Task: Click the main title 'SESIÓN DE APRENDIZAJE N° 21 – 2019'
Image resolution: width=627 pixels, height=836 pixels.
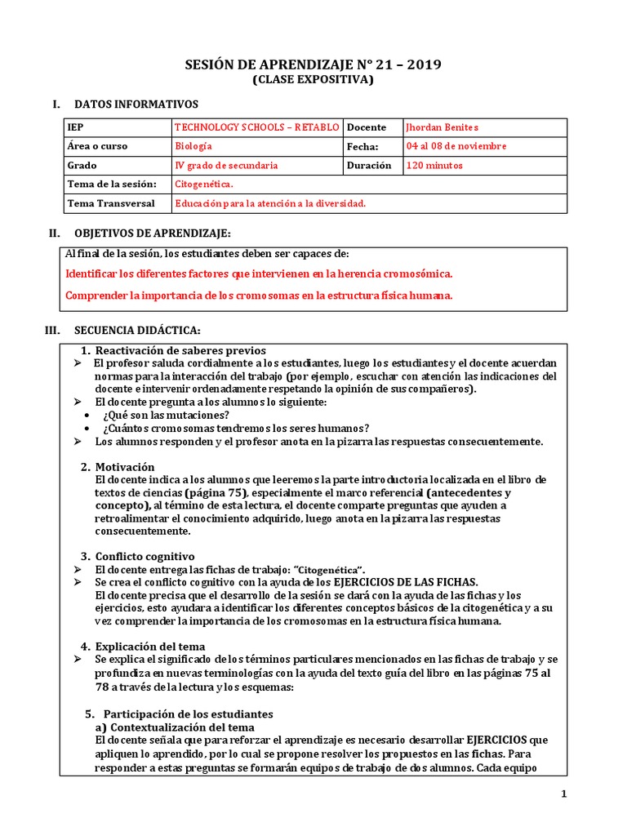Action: (x=313, y=65)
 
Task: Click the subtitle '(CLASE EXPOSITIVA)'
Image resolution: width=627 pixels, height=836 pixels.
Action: (x=313, y=80)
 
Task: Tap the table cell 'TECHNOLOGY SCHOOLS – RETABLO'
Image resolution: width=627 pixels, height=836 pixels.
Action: (x=256, y=127)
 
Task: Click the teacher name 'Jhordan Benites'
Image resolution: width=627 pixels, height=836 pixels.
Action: (x=442, y=127)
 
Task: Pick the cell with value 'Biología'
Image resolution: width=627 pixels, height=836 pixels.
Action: (x=193, y=146)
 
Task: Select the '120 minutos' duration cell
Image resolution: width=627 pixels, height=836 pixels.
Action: (x=434, y=165)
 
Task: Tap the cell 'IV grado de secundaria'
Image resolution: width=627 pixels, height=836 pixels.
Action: (x=226, y=165)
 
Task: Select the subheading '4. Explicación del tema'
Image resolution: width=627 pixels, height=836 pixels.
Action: (x=142, y=646)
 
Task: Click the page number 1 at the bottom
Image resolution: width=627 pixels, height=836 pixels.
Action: (x=563, y=794)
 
